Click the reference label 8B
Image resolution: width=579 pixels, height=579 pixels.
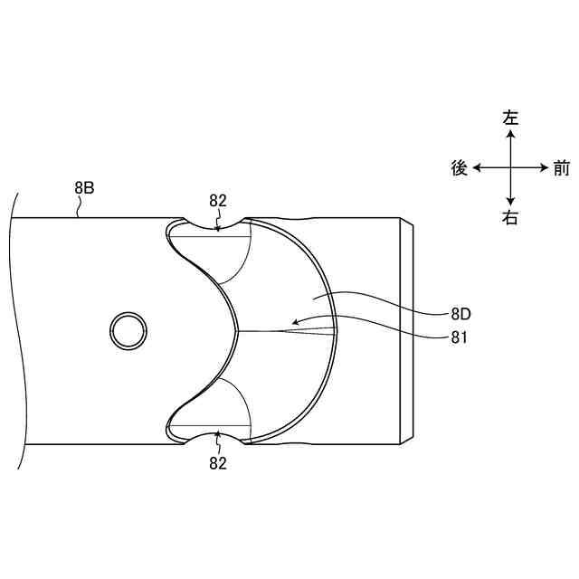(x=84, y=188)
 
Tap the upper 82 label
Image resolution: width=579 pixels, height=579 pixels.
(x=217, y=201)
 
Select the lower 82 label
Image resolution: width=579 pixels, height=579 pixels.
(x=217, y=463)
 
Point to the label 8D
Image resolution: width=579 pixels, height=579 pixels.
(x=460, y=314)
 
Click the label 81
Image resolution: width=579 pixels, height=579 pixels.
(x=459, y=337)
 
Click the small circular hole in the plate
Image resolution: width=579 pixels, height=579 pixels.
(x=128, y=331)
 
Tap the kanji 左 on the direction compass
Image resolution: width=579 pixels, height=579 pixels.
(x=510, y=119)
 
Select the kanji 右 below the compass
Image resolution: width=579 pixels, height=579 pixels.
(x=510, y=218)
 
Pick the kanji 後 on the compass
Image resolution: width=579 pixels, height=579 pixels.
(x=460, y=168)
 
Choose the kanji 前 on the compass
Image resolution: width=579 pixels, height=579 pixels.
(x=561, y=168)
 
